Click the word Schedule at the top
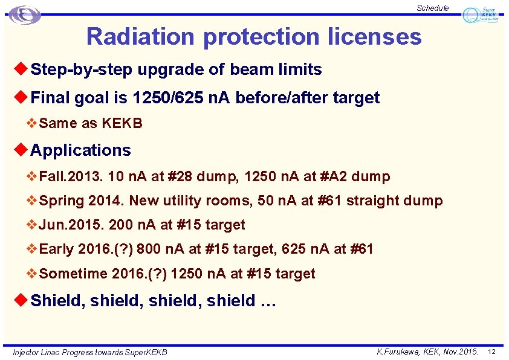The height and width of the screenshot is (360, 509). pos(432,8)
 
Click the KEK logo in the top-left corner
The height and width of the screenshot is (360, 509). pos(25,14)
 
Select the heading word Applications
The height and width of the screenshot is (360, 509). pos(80,150)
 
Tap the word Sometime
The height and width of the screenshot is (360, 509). pos(73,274)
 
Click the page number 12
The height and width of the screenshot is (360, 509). pos(491,352)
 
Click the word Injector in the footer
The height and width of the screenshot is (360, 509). pos(26,352)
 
